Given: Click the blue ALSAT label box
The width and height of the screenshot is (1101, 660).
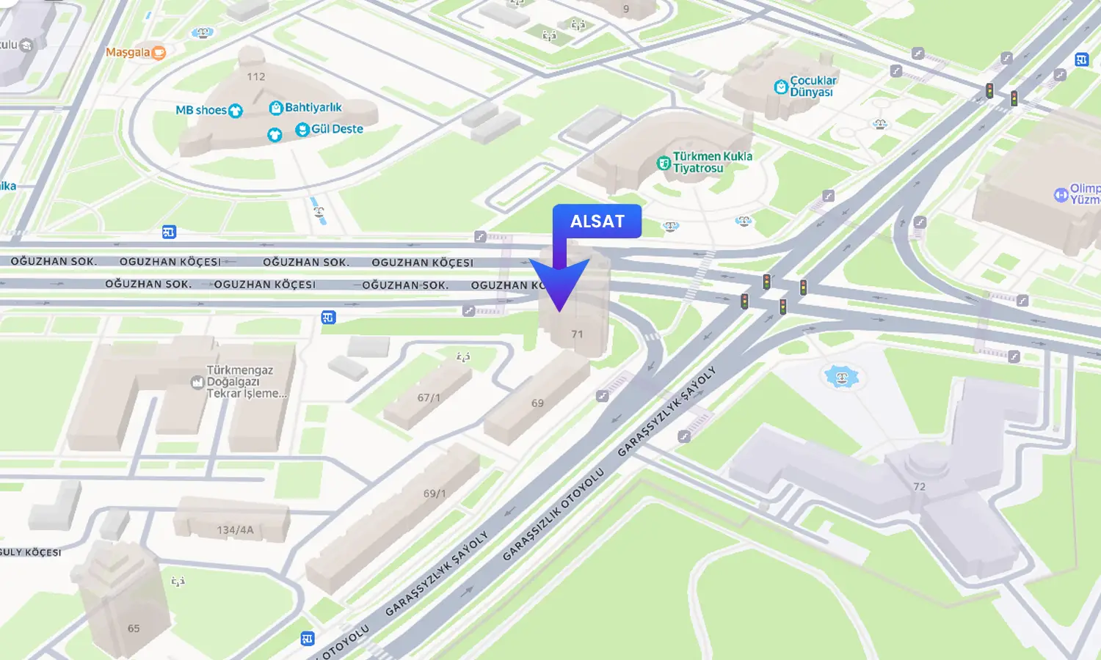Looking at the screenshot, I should click(597, 221).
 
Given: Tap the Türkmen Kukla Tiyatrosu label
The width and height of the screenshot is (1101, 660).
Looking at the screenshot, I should click(711, 162).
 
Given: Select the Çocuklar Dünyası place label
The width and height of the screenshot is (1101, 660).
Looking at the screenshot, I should click(812, 87).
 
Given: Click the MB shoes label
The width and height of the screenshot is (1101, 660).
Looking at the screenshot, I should click(201, 110).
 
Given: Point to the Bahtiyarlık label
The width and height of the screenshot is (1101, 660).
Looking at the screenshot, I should click(313, 108).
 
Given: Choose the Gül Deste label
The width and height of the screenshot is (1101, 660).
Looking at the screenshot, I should click(337, 129).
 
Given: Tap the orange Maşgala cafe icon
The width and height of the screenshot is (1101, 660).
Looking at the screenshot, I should click(159, 52).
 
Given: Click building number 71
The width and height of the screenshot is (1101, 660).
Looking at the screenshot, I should click(577, 334).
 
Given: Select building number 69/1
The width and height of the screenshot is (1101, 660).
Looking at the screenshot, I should click(435, 494).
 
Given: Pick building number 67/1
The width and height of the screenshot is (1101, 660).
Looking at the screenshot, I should click(429, 397).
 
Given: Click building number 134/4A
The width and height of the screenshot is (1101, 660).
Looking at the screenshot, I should click(235, 529).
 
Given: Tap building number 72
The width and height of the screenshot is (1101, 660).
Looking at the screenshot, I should click(919, 486).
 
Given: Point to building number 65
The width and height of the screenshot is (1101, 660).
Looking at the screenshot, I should click(134, 628).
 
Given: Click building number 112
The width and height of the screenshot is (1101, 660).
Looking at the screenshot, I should click(256, 77).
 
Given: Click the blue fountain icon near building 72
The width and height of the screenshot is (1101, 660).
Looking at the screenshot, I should click(842, 377).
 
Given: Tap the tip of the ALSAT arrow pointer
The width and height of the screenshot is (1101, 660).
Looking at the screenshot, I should click(559, 311).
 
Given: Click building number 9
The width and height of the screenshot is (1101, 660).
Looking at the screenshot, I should click(626, 10).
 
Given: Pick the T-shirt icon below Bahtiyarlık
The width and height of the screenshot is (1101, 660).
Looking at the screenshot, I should click(275, 135).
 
